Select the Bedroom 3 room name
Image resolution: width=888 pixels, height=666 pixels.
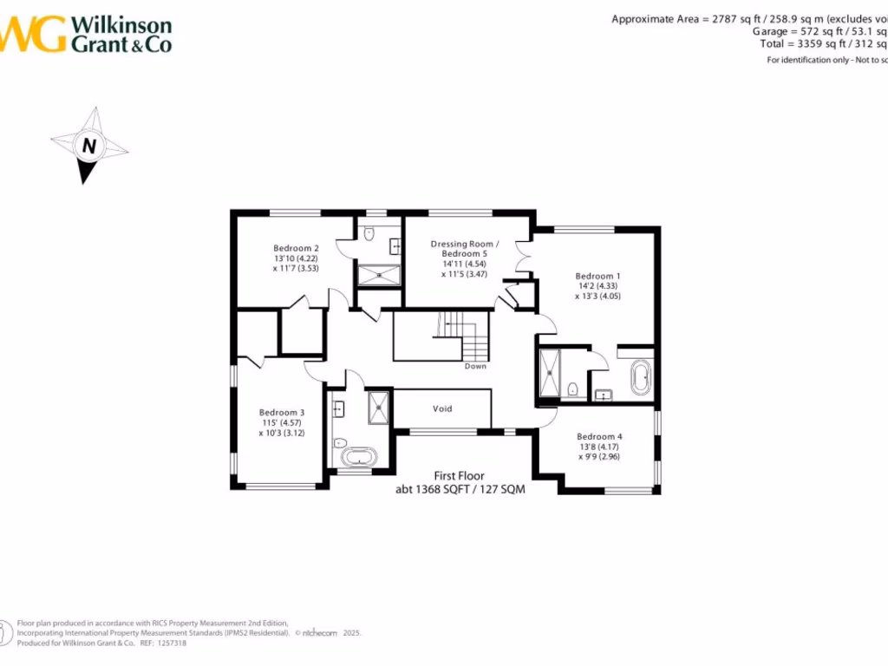pos(282,412)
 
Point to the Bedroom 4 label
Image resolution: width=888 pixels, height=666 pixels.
pos(599,436)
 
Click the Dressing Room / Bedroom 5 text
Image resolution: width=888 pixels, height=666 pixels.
pos(465,249)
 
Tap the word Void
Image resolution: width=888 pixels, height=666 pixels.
pos(442,408)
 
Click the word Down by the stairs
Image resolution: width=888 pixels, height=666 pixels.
pos(475,366)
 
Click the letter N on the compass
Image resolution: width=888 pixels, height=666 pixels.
pos(88,146)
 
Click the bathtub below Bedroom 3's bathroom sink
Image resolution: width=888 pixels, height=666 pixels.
pos(356,457)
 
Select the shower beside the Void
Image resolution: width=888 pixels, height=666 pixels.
pos(379,407)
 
